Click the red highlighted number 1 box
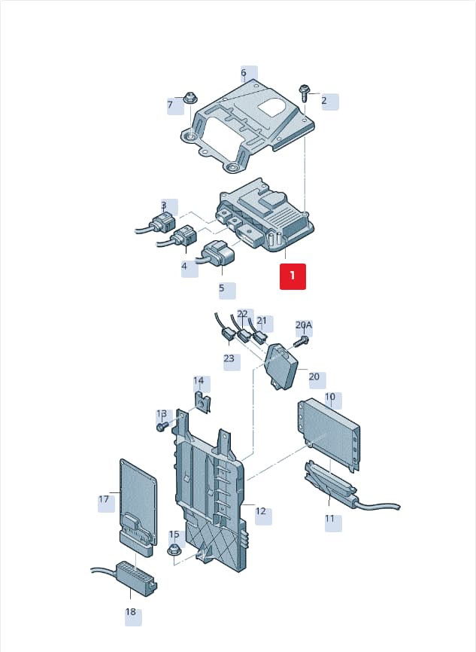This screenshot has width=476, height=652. pos(293,276)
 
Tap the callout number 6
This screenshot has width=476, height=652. pos(244,73)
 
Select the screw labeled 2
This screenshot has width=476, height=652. pos(304,94)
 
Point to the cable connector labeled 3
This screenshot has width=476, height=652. pos(159,222)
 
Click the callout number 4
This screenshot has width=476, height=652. pos(184,266)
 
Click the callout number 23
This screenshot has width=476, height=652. pos(229,358)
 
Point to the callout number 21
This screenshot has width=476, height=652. pos(262,321)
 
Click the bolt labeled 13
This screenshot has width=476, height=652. pos(162,427)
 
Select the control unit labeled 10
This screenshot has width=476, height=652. pos(328,432)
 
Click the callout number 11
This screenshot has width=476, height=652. pos(329,519)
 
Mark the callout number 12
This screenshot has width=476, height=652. pos(260,511)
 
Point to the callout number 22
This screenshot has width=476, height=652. pos(242,314)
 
